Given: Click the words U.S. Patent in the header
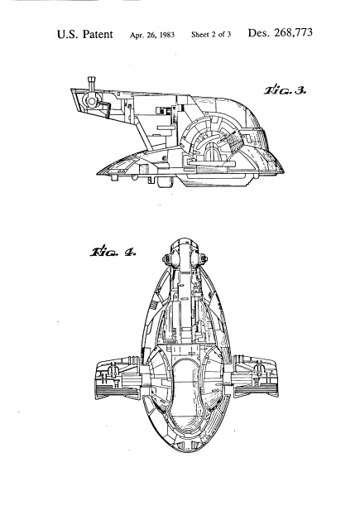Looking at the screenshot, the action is point(84,35).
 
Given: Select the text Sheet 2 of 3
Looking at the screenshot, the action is point(211,35).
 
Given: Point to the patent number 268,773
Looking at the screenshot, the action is point(294,32).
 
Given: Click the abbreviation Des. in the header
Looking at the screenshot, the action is point(259,33).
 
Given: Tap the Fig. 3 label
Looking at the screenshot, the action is point(285,90).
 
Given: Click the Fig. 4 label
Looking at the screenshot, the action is point(113,252).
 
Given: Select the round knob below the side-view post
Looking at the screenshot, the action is point(91,101).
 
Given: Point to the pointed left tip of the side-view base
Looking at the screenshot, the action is point(98,174).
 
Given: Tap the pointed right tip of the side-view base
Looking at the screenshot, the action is point(283,171).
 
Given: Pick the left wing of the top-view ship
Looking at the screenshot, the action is point(119,377).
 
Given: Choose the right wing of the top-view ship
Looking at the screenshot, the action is point(255,375).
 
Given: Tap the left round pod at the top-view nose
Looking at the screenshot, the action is point(167,259).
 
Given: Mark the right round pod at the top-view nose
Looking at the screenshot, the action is point(203,259).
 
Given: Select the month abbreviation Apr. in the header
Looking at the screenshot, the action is point(136,35).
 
